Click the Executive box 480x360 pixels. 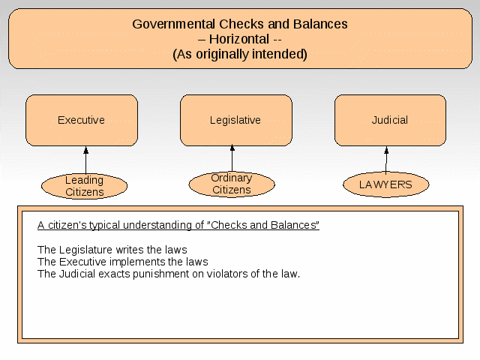pos(82,120)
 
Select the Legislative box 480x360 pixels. pos(236,120)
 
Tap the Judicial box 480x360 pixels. pos(390,120)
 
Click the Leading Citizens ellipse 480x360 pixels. pos(84,186)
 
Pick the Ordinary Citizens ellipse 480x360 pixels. pos(232,184)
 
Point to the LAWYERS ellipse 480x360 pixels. pos(386,184)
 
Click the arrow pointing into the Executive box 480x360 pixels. pos(86,160)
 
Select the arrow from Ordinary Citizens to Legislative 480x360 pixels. pos(232,158)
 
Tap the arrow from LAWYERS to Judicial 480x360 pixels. pos(386,160)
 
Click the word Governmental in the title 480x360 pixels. pos(173,24)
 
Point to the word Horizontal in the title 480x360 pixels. pos(239,39)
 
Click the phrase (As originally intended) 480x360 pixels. pos(240,55)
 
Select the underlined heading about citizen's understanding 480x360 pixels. pos(178,225)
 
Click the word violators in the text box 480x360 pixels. pos(226,274)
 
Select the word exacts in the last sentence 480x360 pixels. pos(114,274)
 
